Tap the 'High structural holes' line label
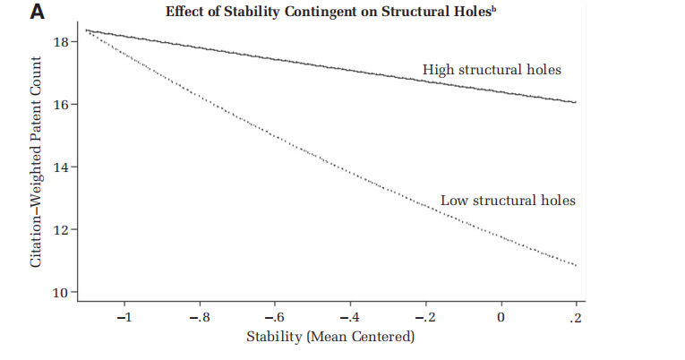[498, 69]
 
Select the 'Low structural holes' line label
[508, 200]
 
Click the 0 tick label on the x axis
[501, 318]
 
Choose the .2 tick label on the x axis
[576, 318]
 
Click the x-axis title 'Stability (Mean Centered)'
[330, 338]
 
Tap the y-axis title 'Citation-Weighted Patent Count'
[37, 161]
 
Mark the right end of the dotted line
[576, 265]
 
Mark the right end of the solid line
[576, 102]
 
